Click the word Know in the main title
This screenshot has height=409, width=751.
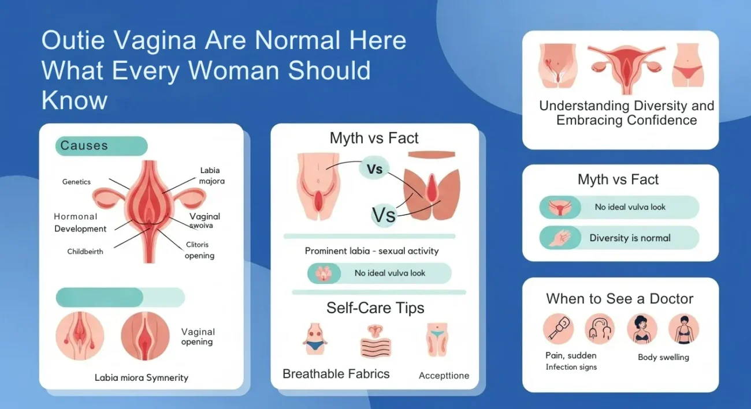[74, 100]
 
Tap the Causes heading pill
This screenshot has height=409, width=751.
[101, 145]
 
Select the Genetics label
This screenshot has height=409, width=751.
[76, 182]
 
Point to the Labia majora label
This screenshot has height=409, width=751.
[211, 176]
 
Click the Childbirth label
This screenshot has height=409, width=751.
[85, 252]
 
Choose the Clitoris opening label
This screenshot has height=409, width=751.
[199, 250]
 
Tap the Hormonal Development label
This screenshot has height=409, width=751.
[80, 223]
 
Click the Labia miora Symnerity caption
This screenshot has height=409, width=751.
[141, 378]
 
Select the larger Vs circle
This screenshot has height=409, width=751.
[384, 215]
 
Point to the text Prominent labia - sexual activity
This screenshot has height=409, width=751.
[371, 251]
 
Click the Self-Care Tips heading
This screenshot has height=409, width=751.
[375, 308]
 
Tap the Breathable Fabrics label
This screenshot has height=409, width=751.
[336, 374]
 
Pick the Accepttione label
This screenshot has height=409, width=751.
[444, 376]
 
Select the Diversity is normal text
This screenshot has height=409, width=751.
[630, 238]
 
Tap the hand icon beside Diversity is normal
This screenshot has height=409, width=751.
[560, 238]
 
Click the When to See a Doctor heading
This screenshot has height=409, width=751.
[619, 299]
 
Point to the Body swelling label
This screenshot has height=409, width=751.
[663, 358]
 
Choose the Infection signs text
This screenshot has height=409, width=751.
[571, 367]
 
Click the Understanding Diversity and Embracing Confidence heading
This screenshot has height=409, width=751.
[626, 113]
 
